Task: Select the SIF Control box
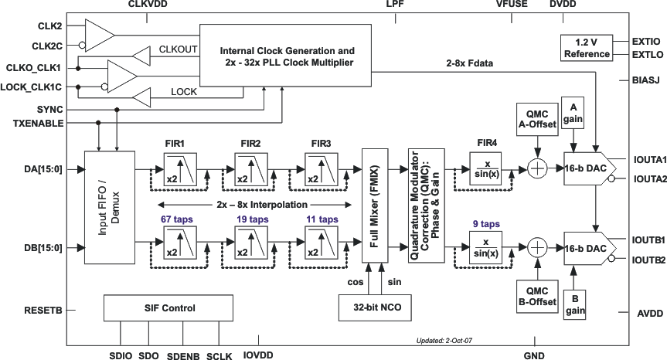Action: (x=168, y=308)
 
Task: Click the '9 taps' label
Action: (x=486, y=224)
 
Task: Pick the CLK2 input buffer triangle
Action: (x=99, y=33)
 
